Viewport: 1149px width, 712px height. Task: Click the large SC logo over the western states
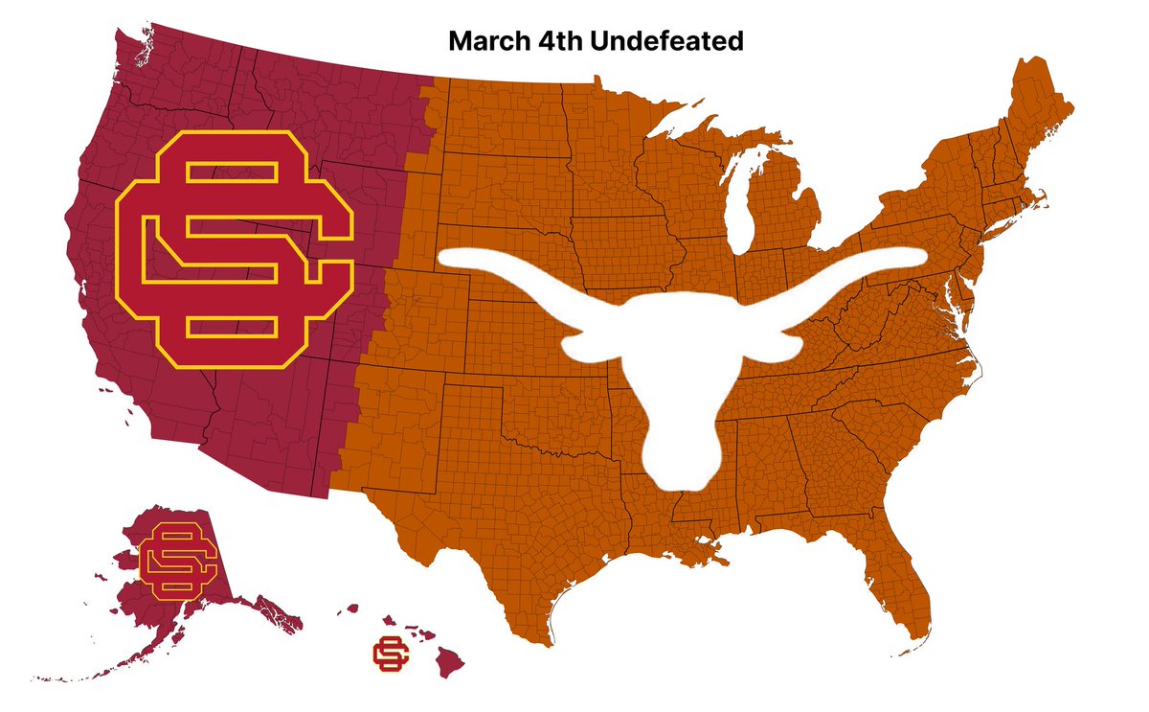click(233, 249)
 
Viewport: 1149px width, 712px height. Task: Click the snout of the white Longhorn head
click(682, 470)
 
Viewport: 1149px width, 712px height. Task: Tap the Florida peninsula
click(905, 585)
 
